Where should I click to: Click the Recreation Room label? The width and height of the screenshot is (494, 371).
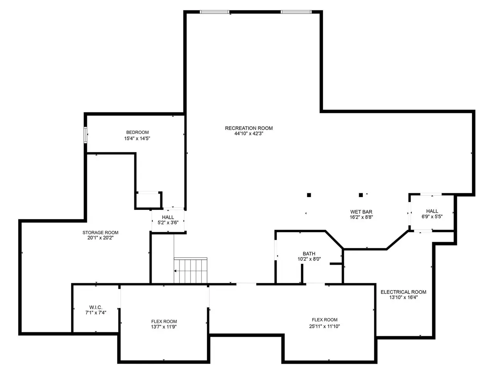[249, 128]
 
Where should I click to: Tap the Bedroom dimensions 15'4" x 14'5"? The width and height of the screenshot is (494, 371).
[137, 138]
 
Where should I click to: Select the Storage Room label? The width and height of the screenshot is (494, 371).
[100, 233]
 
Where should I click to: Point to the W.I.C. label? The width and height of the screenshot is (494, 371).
[96, 307]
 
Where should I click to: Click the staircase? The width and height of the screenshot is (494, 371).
[190, 270]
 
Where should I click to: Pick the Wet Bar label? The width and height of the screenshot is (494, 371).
[361, 212]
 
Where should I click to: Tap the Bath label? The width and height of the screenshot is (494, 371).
[309, 254]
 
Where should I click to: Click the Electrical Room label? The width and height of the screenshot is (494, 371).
[403, 292]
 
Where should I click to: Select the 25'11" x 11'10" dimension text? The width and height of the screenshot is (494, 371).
[324, 326]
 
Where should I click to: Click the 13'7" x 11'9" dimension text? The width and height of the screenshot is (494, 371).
[164, 327]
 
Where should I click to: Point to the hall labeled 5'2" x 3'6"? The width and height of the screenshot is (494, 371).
[168, 220]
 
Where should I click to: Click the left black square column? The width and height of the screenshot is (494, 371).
[309, 195]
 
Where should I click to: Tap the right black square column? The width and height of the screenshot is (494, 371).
[361, 195]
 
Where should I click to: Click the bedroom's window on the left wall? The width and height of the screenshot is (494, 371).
[85, 135]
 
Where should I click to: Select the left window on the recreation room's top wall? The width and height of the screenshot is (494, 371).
[215, 12]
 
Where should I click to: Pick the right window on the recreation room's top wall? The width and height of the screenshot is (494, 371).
[296, 12]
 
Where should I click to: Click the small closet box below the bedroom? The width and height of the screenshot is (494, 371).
[149, 200]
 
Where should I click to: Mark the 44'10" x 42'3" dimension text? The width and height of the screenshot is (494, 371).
[249, 134]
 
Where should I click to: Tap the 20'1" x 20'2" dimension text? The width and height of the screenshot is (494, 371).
[100, 238]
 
